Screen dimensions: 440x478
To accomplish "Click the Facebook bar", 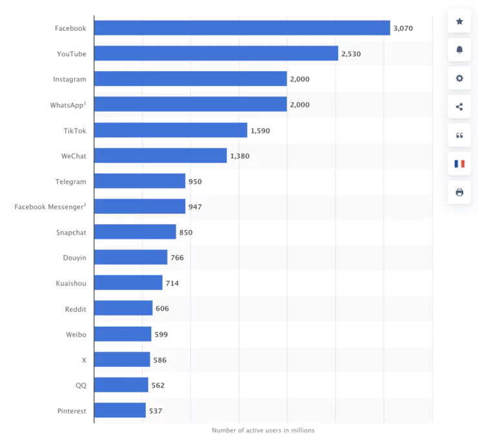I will coord(242,28).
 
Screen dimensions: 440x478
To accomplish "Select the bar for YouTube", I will coord(216,54).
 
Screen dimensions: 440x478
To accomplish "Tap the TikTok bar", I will coord(170,131).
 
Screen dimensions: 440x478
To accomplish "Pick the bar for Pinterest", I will coord(120,411).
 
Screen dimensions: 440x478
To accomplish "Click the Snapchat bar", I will coord(135,232).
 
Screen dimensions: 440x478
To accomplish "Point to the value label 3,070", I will coord(403,28).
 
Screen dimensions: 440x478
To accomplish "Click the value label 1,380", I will coord(239,156).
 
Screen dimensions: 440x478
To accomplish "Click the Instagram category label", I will coord(70,79).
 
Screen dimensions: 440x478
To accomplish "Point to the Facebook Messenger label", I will coord(50,207).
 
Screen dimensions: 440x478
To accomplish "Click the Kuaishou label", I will coord(71,284).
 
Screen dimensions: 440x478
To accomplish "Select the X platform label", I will coord(84,360).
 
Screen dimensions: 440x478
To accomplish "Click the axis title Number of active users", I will coord(263,430).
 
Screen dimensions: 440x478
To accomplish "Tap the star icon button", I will coord(459,21).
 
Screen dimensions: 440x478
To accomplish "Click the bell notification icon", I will coord(459,50).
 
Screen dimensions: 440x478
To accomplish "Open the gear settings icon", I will coord(459,78).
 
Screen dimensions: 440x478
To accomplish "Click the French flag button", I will coord(459,163).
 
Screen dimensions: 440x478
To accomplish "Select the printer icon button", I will coord(459,192).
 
